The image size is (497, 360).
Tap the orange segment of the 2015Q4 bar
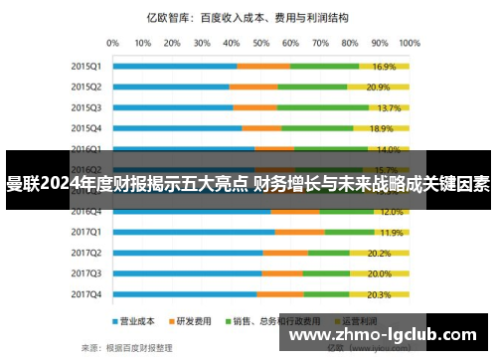(x=261, y=128)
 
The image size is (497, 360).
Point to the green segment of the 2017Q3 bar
(x=326, y=273)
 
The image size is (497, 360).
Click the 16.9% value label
(x=385, y=67)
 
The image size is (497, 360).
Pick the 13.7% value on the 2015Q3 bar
(x=389, y=107)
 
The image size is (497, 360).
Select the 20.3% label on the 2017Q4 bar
(x=379, y=294)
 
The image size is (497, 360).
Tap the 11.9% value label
(x=391, y=232)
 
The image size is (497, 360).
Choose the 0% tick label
(x=112, y=44)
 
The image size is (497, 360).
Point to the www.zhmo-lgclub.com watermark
(x=388, y=336)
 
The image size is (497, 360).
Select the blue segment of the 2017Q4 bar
(x=185, y=294)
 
